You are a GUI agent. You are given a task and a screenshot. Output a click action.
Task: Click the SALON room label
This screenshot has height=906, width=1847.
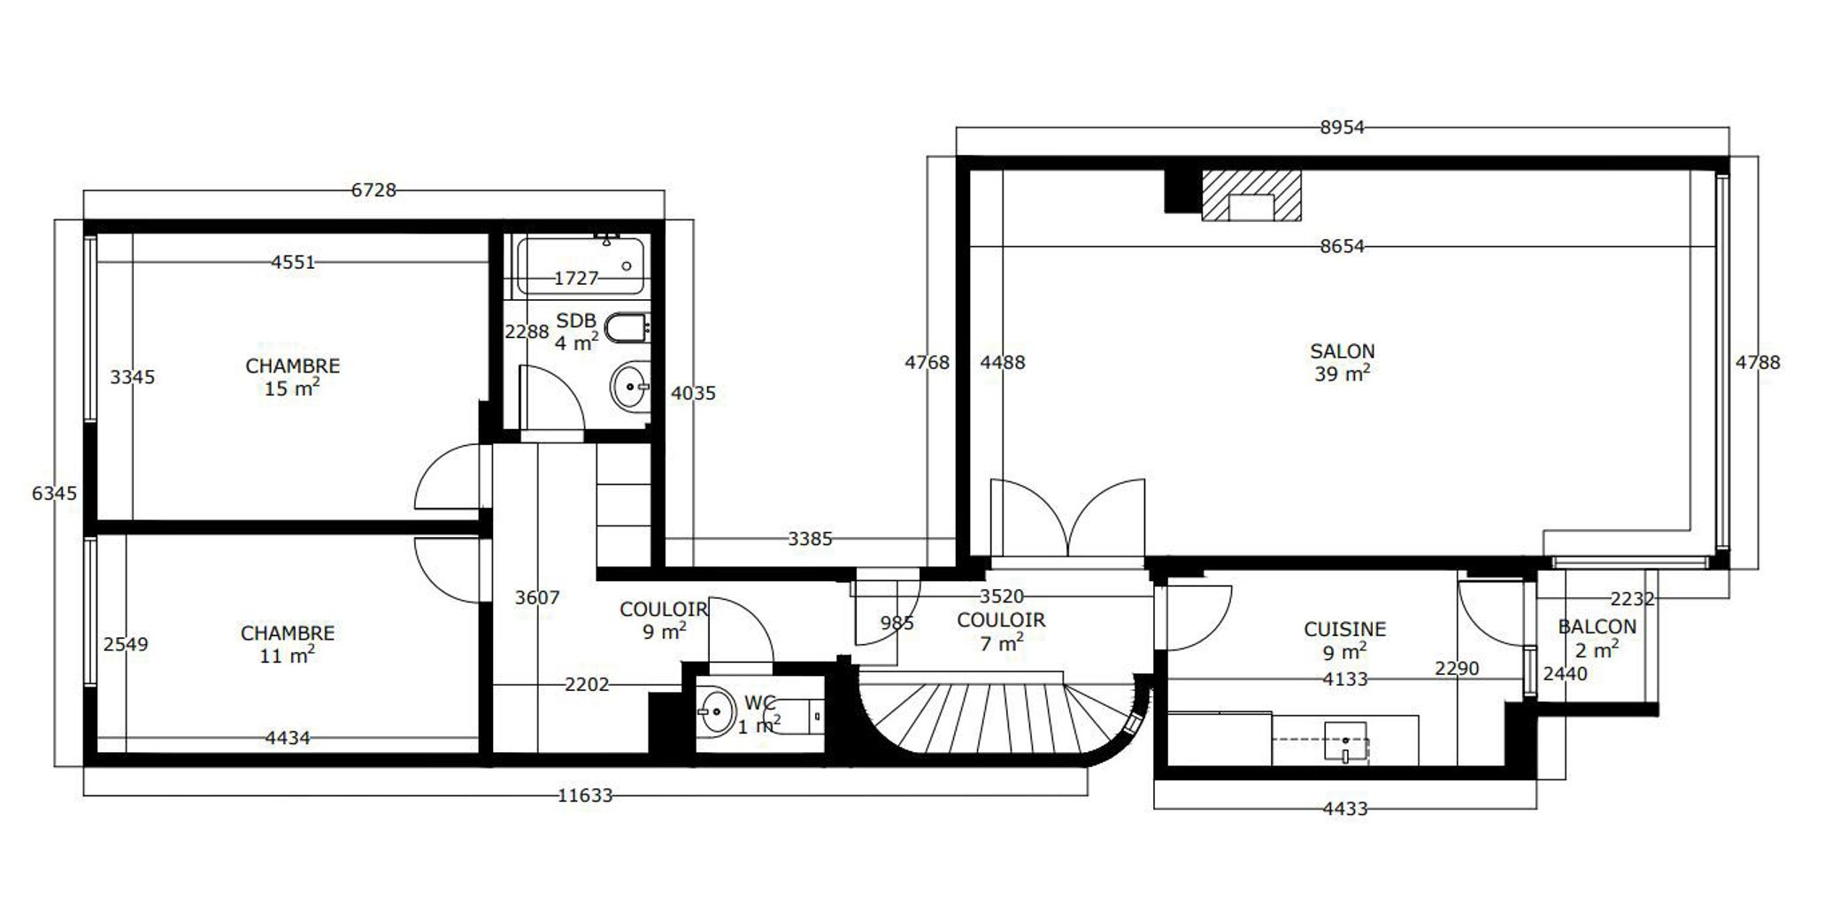pyautogui.click(x=1342, y=351)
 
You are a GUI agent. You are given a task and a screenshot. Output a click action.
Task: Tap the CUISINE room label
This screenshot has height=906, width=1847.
pyautogui.click(x=1344, y=629)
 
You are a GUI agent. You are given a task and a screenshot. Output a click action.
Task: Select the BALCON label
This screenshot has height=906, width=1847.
pyautogui.click(x=1597, y=626)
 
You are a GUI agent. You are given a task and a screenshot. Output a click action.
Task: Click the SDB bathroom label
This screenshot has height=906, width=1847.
pyautogui.click(x=576, y=320)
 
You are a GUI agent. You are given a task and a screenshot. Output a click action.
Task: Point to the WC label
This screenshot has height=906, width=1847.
pyautogui.click(x=759, y=703)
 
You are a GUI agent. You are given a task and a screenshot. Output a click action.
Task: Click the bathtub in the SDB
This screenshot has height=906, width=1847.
pyautogui.click(x=581, y=265)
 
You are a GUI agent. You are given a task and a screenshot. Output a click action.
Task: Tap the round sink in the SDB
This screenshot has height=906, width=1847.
pyautogui.click(x=630, y=387)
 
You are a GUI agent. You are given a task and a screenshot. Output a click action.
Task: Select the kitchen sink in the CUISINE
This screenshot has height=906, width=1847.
pyautogui.click(x=1345, y=741)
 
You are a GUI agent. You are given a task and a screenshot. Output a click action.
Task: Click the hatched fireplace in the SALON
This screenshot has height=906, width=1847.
pyautogui.click(x=1251, y=195)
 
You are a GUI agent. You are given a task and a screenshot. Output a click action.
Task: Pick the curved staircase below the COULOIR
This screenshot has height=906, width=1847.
pyautogui.click(x=996, y=717)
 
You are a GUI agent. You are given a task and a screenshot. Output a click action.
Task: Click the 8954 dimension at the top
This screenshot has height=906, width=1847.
pyautogui.click(x=1342, y=127)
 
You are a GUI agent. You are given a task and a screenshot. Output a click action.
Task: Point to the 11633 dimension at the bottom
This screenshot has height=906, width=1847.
pyautogui.click(x=585, y=795)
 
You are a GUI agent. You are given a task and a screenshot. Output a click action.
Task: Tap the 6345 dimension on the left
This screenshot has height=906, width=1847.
pyautogui.click(x=55, y=493)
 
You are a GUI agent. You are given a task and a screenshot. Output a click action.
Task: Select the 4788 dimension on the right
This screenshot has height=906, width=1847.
pyautogui.click(x=1758, y=362)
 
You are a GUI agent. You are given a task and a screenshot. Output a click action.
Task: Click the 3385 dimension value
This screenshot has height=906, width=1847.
pyautogui.click(x=810, y=538)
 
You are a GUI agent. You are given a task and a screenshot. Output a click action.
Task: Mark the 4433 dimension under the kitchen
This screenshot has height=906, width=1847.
pyautogui.click(x=1345, y=808)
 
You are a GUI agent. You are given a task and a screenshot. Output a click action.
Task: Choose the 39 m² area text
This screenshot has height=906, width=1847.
pyautogui.click(x=1343, y=373)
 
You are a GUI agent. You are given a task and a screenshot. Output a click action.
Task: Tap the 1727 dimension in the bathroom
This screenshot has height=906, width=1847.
pyautogui.click(x=576, y=278)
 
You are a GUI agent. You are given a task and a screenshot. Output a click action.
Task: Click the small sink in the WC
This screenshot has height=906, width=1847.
pyautogui.click(x=716, y=710)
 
